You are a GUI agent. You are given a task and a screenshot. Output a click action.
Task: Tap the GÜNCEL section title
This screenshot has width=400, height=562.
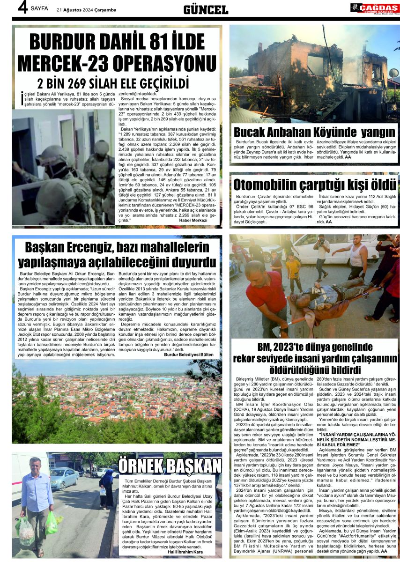[205, 9]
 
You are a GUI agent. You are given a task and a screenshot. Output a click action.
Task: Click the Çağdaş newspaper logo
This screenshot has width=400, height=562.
[374, 8]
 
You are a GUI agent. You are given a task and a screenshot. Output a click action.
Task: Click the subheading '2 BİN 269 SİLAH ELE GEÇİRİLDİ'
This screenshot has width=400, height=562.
[112, 83]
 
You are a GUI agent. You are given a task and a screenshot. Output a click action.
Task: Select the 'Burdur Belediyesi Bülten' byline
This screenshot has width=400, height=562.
[188, 355]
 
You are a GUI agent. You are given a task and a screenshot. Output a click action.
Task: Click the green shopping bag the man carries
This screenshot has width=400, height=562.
[51, 523]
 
